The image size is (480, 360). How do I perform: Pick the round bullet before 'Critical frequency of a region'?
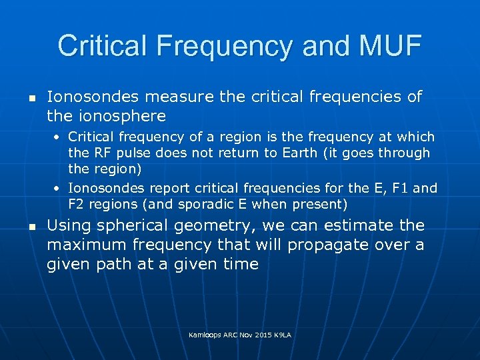[x=59, y=137]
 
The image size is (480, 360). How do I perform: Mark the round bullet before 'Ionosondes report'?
[x=59, y=188]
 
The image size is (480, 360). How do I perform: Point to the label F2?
[x=78, y=203]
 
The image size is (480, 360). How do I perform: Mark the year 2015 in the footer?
[x=260, y=334]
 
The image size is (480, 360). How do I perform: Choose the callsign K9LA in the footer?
[x=283, y=334]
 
